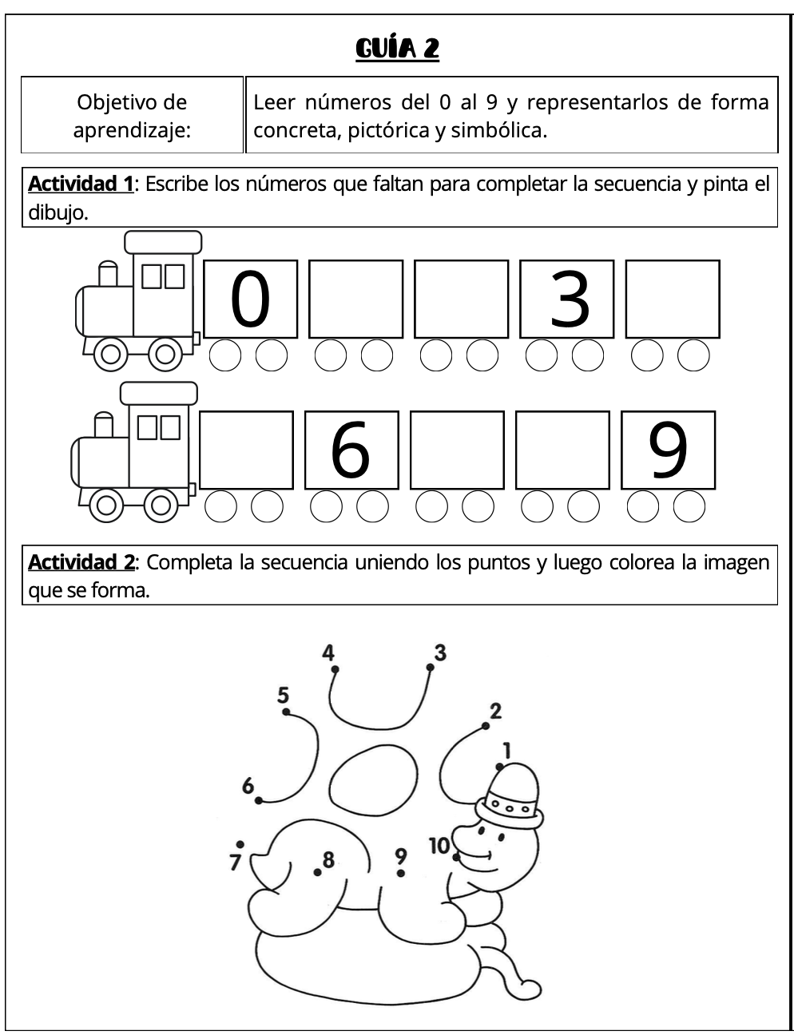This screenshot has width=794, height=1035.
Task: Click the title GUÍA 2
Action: click(x=397, y=49)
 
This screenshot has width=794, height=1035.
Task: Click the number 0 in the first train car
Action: click(x=250, y=299)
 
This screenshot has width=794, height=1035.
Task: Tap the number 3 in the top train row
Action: click(x=569, y=299)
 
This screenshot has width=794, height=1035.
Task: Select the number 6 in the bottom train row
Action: click(x=351, y=450)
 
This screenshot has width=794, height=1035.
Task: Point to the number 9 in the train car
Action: click(x=668, y=450)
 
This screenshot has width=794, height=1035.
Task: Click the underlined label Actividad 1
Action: click(x=80, y=184)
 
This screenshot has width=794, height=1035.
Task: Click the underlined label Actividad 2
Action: click(x=81, y=562)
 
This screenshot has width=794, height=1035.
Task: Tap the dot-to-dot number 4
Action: click(x=328, y=652)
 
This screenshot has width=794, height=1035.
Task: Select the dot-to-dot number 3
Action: click(x=440, y=652)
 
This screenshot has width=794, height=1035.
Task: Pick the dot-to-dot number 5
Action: click(x=284, y=695)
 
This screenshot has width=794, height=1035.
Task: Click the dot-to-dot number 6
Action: click(x=248, y=786)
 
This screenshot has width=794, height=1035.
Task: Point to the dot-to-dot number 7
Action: click(x=235, y=862)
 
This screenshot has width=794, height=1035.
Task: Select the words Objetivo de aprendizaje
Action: click(x=132, y=116)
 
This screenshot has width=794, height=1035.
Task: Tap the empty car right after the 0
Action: click(x=356, y=299)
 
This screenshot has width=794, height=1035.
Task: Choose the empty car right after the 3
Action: click(x=673, y=299)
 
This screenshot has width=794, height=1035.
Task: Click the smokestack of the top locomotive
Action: click(x=108, y=274)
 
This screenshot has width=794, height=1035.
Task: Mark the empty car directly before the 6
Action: click(x=246, y=450)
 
